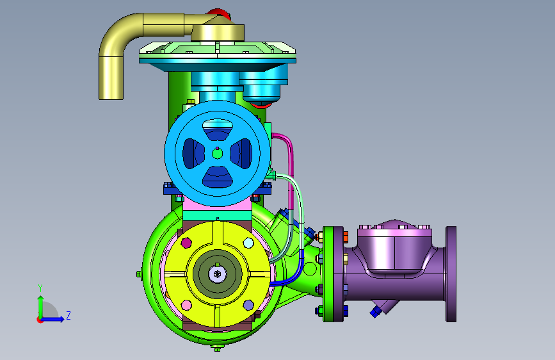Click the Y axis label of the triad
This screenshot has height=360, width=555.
click(40, 288)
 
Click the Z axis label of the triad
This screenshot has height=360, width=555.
click(68, 315)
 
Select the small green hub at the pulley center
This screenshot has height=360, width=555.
click(218, 154)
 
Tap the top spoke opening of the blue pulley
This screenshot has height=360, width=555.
click(218, 129)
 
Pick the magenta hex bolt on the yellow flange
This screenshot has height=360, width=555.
click(186, 243)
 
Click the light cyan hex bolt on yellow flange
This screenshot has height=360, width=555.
click(248, 243)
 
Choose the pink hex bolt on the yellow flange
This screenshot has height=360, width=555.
click(186, 305)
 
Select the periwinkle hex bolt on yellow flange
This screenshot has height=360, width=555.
click(248, 305)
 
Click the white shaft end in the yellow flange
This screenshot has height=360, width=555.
click(218, 274)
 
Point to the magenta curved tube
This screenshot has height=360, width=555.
click(291, 167)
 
